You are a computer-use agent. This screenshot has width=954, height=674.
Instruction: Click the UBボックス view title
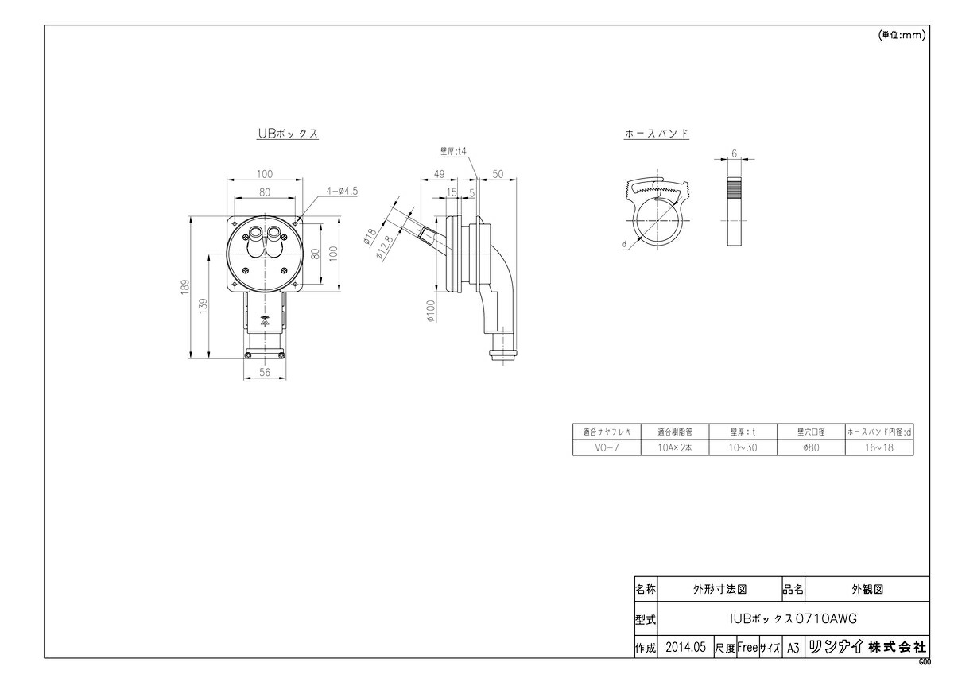pyautogui.click(x=287, y=134)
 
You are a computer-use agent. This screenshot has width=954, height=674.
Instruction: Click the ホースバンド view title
pyautogui.click(x=657, y=134)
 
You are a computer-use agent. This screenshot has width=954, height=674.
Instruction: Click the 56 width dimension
pyautogui.click(x=265, y=372)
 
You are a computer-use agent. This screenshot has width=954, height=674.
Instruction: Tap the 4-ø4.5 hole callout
pyautogui.click(x=342, y=191)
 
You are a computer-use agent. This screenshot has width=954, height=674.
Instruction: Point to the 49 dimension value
pyautogui.click(x=438, y=174)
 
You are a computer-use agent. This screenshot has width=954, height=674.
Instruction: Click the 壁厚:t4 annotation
pyautogui.click(x=453, y=149)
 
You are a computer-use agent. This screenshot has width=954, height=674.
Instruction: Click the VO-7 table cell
pyautogui.click(x=606, y=448)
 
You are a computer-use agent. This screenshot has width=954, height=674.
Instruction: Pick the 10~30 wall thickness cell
pyautogui.click(x=743, y=448)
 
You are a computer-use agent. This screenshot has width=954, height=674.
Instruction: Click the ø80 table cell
pyautogui.click(x=811, y=448)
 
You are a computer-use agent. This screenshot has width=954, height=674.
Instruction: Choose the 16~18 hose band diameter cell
pyautogui.click(x=879, y=448)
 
